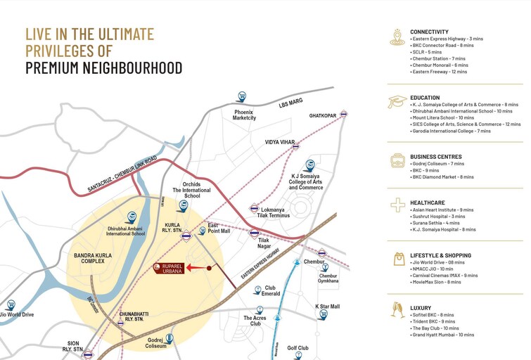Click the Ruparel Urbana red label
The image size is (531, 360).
169,268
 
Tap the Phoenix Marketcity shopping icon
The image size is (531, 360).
242,96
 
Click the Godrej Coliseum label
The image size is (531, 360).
155,342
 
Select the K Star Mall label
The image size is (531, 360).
327,307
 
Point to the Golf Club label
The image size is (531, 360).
298,348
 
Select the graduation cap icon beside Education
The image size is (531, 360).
397,102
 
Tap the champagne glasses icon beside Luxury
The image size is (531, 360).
397,309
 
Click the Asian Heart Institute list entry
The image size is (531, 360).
443,210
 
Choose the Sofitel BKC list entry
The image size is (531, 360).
433,315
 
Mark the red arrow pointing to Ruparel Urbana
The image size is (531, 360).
200,268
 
